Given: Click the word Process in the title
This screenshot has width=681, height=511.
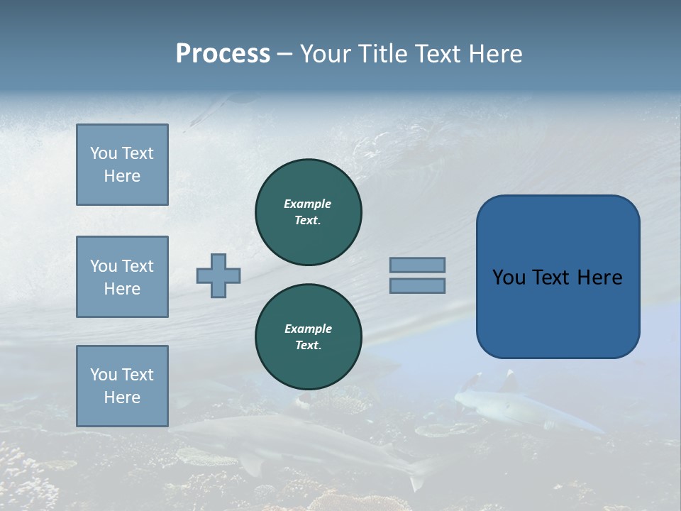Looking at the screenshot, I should coord(223,54).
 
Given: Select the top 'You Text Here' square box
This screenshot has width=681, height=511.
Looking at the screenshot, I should coord(122,165).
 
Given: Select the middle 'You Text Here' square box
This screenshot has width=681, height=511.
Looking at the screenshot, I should coord(122,277).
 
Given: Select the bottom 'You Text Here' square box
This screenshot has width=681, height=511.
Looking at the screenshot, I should coord(122,386).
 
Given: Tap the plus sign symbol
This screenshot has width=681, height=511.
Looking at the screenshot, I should coord(218,275).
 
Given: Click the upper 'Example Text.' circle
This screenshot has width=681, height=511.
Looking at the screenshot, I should coord(309,212).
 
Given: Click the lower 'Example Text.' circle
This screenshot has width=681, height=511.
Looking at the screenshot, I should coord(309,337).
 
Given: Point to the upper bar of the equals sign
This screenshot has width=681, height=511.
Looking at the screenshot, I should coord(417,265).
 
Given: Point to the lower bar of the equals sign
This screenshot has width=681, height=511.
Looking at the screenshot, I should coord(417,285).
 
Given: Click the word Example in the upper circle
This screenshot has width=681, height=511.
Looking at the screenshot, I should coord(307,204).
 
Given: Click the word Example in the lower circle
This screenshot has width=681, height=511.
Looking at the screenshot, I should coord(308,329).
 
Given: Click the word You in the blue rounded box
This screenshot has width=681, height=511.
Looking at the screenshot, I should coord(509,278).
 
